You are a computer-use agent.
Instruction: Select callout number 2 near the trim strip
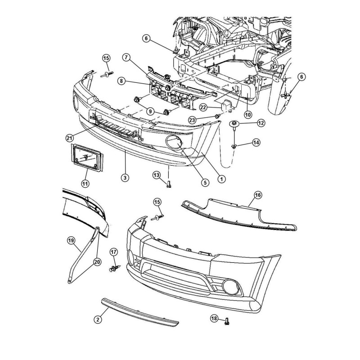(x=98, y=319)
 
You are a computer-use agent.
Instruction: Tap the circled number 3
(x=125, y=177)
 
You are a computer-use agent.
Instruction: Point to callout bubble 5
(x=205, y=182)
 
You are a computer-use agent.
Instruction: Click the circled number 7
(x=126, y=58)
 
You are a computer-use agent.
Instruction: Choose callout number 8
(x=121, y=81)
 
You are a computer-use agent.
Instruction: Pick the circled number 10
(x=248, y=114)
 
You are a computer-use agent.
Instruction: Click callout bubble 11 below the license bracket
(x=85, y=184)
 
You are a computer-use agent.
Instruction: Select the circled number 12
(x=261, y=123)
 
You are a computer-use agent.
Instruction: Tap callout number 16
(x=258, y=195)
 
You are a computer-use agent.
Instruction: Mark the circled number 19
(x=71, y=241)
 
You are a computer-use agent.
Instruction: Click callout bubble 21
(x=70, y=138)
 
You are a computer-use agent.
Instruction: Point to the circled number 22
(x=203, y=107)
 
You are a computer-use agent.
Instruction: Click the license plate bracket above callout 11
(x=87, y=157)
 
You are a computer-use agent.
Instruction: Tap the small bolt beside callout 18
(x=227, y=321)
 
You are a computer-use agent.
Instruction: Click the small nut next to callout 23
(x=217, y=116)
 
